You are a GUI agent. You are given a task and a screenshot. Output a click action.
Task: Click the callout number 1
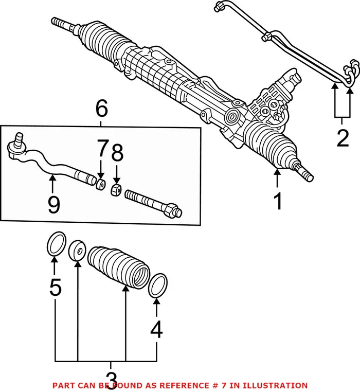coord(278,202)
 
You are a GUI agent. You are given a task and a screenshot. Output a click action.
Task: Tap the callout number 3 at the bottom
coord(109,372)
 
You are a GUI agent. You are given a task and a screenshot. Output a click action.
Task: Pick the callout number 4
coord(156,329)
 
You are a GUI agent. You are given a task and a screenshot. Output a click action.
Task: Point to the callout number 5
coord(55,288)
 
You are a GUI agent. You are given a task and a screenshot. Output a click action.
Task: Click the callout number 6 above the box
coord(101,109)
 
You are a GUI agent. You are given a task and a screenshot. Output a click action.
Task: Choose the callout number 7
coord(102,152)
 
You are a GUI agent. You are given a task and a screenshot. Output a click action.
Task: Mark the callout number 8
coord(117,153)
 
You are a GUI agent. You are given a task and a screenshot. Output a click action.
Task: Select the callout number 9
coord(53,204)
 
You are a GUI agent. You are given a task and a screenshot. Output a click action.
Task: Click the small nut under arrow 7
coord(101,184)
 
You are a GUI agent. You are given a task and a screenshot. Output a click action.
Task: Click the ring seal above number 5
coord(56,243)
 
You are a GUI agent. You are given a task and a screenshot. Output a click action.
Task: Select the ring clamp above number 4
coord(158,286)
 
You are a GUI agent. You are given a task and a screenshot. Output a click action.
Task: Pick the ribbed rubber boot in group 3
coord(118,266)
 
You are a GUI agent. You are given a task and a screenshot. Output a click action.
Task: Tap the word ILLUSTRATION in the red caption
coord(281,385)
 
